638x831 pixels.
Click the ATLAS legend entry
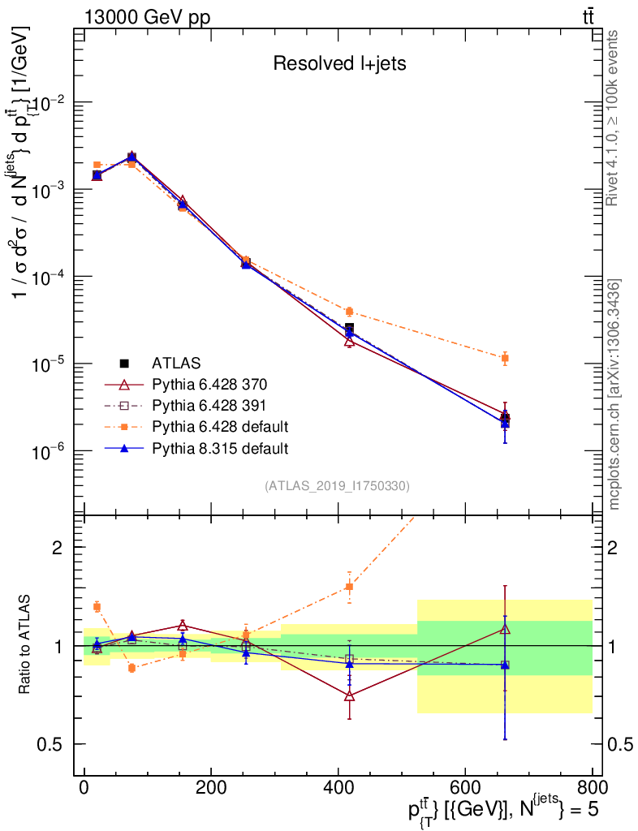pyautogui.click(x=176, y=362)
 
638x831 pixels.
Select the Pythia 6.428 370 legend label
pyautogui.click(x=209, y=383)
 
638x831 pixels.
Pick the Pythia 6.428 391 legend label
pyautogui.click(x=209, y=404)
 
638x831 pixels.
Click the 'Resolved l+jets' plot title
pyautogui.click(x=339, y=64)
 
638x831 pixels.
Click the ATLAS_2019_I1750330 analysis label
pyautogui.click(x=337, y=486)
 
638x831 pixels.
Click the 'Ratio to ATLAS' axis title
pyautogui.click(x=26, y=645)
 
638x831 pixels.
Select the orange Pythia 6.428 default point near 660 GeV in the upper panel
pyautogui.click(x=505, y=358)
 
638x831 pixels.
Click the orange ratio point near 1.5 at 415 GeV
pyautogui.click(x=349, y=587)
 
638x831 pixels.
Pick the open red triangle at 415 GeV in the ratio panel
pyautogui.click(x=349, y=695)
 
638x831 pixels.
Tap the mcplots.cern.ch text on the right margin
pyautogui.click(x=614, y=394)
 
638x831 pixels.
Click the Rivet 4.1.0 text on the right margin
pyautogui.click(x=614, y=118)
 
